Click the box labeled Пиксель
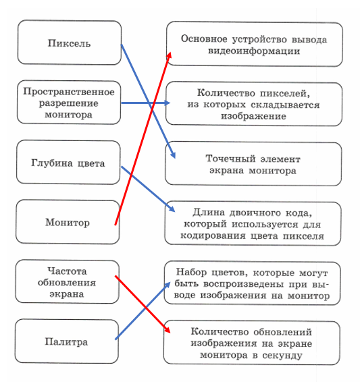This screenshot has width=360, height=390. tap(69, 43)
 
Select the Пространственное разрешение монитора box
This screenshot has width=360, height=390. tap(69, 103)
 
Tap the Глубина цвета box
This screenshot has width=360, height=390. tap(68, 163)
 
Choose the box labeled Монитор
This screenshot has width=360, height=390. tap(68, 222)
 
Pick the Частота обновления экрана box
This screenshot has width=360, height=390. tap(67, 282)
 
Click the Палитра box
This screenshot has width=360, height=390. tap(66, 341)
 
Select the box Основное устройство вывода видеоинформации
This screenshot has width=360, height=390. tap(255, 45)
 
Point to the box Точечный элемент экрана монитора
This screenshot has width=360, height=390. tap(253, 164)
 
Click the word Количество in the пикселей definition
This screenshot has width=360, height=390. tap(226, 93)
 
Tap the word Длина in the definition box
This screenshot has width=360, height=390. tap(209, 213)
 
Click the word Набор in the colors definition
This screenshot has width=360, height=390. tap(191, 272)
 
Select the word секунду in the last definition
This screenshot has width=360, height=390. tap(282, 356)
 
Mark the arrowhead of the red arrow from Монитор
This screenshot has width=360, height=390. tap(170, 55)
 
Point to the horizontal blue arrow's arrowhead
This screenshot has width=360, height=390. tap(167, 103)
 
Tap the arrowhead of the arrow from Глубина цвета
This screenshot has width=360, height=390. tap(172, 209)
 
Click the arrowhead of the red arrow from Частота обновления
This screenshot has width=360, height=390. tap(167, 330)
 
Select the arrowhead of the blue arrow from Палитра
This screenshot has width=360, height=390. tap(168, 285)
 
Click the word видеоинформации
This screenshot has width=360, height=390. tap(254, 51)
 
